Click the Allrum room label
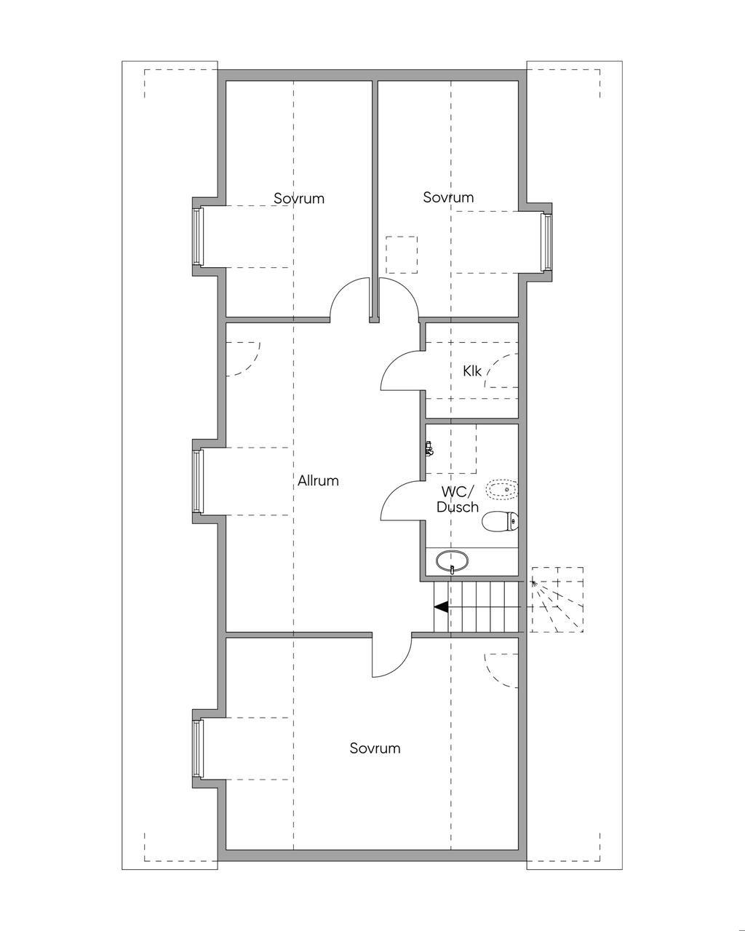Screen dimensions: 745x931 point(318,480)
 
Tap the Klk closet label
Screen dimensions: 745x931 point(472,371)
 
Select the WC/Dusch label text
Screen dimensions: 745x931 point(458,499)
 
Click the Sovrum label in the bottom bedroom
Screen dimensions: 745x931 point(375,748)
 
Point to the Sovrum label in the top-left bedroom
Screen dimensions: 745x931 point(299,198)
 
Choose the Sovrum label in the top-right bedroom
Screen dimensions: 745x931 point(448,197)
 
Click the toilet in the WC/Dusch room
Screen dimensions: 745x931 point(501,521)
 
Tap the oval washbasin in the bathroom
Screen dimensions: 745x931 point(452,561)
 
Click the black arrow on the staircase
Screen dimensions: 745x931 point(441,606)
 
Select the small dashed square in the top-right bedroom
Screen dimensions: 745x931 point(402,254)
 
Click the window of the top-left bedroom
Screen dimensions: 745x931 point(196,237)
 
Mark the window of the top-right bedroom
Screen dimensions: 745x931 point(544,241)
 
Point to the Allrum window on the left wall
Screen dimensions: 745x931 point(196,481)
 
